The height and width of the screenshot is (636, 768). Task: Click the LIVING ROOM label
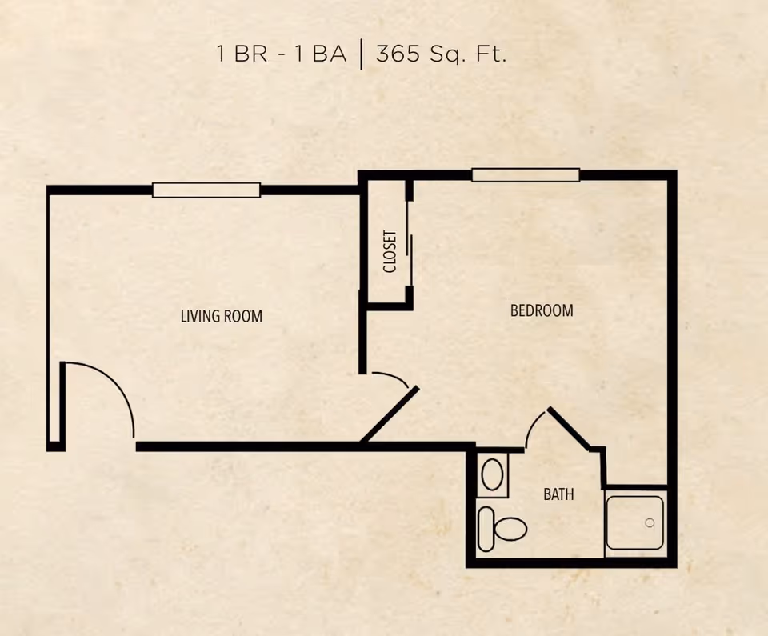coord(222,316)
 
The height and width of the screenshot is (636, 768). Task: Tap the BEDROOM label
coord(542,310)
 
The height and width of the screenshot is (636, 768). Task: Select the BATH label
coord(558,494)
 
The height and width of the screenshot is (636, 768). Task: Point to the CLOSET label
coord(390,251)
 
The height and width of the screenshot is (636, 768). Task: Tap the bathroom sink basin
coord(492,474)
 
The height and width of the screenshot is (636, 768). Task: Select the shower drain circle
coord(650,523)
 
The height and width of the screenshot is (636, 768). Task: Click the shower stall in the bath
coord(634,523)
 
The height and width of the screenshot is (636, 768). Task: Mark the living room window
coord(206,190)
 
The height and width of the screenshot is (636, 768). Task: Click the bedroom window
coord(526,175)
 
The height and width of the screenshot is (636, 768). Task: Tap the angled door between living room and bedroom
coord(390,414)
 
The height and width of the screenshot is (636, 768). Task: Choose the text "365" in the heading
coord(398,53)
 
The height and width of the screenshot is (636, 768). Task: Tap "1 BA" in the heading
coord(320,54)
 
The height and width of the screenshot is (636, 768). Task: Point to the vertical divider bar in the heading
coord(362,55)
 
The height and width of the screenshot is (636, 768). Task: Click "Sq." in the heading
coord(448,54)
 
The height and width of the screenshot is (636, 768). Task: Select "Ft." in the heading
coord(490,54)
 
